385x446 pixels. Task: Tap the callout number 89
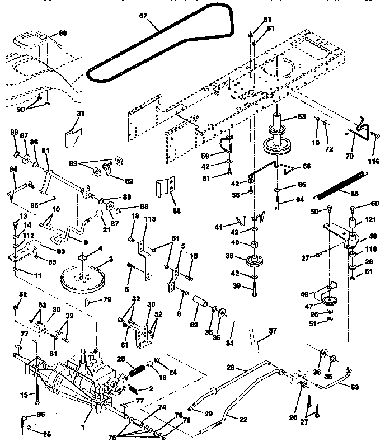(x=62, y=34)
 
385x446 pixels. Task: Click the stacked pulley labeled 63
(x=278, y=137)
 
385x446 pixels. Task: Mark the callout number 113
(x=148, y=219)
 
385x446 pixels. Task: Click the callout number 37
(x=272, y=331)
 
